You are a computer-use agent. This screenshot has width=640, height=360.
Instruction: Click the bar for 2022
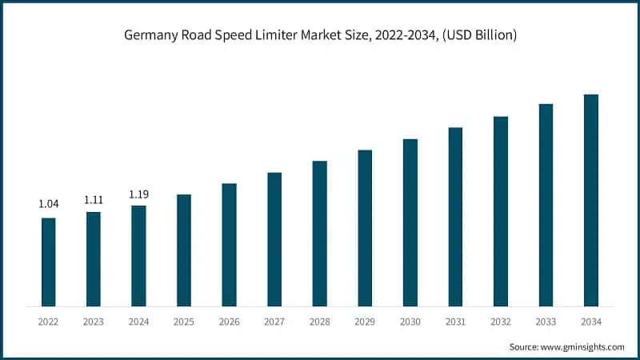pyautogui.click(x=48, y=262)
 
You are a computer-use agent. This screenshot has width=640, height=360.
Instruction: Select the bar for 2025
pyautogui.click(x=184, y=250)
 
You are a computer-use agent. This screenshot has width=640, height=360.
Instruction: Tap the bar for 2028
pyautogui.click(x=319, y=233)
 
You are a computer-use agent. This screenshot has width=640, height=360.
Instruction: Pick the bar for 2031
pyautogui.click(x=455, y=216)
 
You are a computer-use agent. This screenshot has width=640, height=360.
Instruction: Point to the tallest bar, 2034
pyautogui.click(x=590, y=200)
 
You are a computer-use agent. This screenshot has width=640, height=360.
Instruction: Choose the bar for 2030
pyautogui.click(x=410, y=222)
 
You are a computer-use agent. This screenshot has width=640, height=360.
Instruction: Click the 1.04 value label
pyautogui.click(x=48, y=205)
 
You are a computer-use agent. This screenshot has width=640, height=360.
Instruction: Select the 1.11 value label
pyautogui.click(x=94, y=198)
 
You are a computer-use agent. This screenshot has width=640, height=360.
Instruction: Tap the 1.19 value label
pyautogui.click(x=138, y=194)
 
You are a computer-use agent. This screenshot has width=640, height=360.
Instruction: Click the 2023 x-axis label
pyautogui.click(x=94, y=321)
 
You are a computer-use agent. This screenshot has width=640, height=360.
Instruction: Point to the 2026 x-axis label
pyautogui.click(x=229, y=321)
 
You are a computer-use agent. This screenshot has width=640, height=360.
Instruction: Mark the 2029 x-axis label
pyautogui.click(x=365, y=321)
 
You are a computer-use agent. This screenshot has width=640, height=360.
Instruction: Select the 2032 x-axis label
pyautogui.click(x=500, y=321)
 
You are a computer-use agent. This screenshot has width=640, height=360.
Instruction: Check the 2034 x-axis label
pyautogui.click(x=590, y=321)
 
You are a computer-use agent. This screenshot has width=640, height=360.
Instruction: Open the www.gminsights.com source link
pyautogui.click(x=585, y=346)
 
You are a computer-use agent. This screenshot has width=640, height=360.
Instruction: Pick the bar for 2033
pyautogui.click(x=546, y=205)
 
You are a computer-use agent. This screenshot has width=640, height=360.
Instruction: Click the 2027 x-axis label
pyautogui.click(x=274, y=321)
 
